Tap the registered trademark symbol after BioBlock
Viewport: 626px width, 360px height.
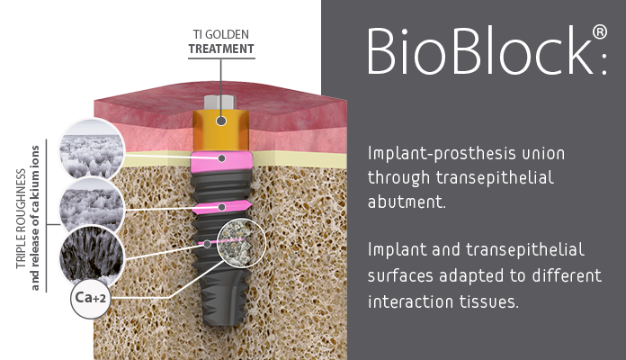point(600,32)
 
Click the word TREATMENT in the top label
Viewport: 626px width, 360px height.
point(221,49)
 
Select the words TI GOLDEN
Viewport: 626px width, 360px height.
point(220,34)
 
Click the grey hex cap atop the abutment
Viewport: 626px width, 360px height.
point(220,102)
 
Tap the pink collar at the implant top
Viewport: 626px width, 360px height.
point(221,161)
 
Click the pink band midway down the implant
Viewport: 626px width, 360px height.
point(221,207)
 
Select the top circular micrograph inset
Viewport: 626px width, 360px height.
point(92,148)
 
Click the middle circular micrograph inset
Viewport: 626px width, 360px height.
point(92,203)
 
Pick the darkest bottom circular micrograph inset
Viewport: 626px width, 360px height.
point(92,255)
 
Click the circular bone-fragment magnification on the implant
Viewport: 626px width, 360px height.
point(242,242)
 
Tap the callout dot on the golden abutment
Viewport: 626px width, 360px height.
point(221,121)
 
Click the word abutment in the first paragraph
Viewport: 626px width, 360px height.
point(406,202)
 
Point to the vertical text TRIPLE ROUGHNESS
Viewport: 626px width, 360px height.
point(21,219)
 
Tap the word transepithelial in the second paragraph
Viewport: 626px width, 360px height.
point(525,250)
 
